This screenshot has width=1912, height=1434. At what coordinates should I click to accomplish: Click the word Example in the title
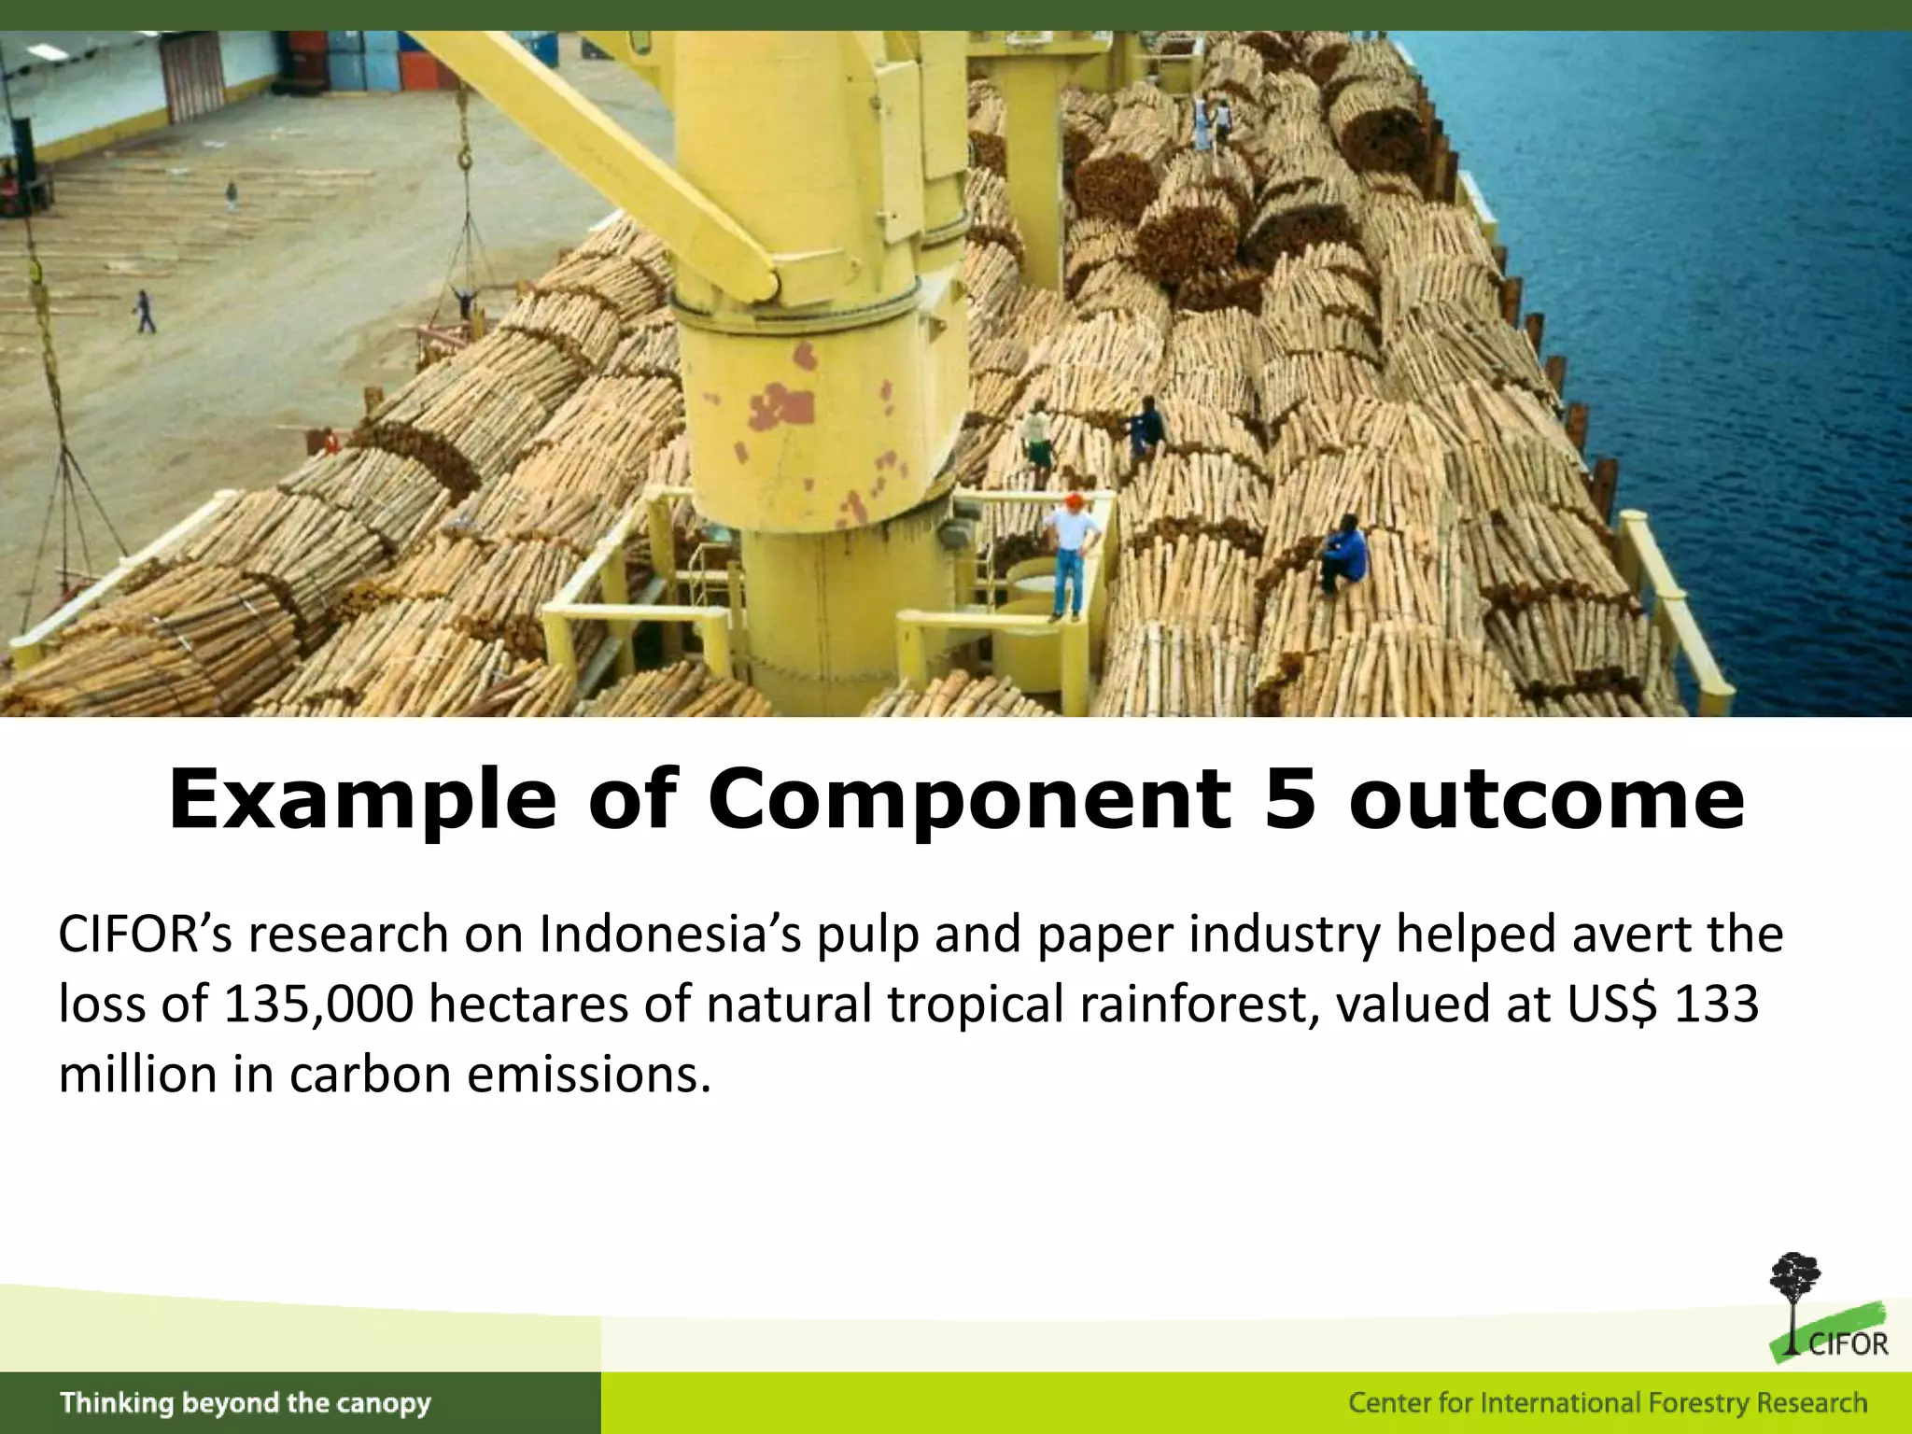click(361, 801)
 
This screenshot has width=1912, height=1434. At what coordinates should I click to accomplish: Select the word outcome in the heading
click(1546, 801)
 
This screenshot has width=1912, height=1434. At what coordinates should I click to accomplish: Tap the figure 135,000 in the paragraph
click(318, 1005)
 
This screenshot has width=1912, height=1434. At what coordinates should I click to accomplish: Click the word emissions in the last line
click(589, 1075)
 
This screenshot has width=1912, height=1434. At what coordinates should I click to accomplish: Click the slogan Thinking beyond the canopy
click(246, 1403)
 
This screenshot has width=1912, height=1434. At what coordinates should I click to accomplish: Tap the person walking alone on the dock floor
click(145, 312)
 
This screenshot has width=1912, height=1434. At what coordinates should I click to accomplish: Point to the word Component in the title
click(969, 801)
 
